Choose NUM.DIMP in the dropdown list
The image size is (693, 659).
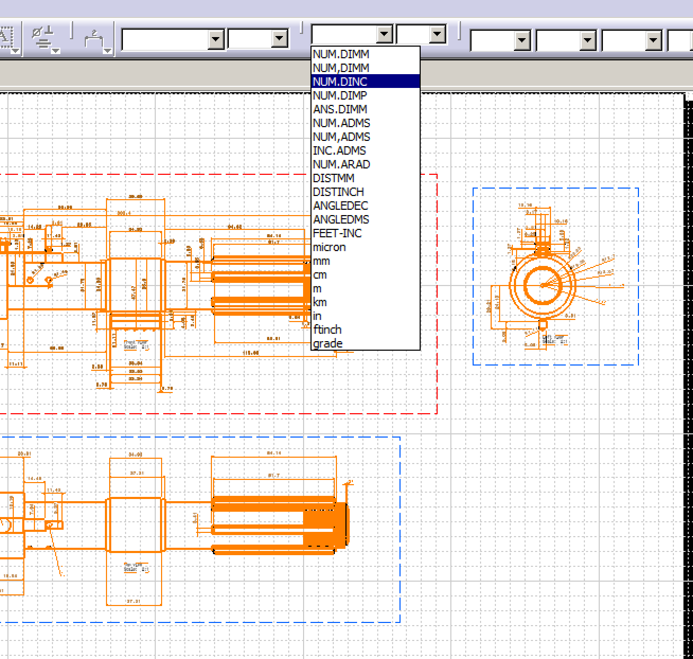click(x=340, y=95)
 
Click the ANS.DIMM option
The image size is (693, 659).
click(x=340, y=109)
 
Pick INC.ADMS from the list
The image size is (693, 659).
click(x=339, y=150)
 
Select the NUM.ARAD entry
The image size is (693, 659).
click(x=341, y=164)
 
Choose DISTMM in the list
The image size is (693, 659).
click(x=333, y=178)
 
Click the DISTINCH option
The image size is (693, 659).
click(x=338, y=192)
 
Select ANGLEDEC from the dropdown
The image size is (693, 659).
click(x=340, y=206)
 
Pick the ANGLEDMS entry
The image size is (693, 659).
click(x=341, y=219)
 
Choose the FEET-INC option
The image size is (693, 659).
click(x=337, y=233)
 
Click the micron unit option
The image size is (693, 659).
click(x=329, y=247)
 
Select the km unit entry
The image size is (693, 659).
click(x=319, y=302)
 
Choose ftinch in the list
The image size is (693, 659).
click(x=327, y=329)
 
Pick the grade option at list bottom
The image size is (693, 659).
click(x=327, y=343)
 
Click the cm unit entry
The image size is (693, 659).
click(x=319, y=274)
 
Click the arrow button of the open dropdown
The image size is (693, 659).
click(x=384, y=34)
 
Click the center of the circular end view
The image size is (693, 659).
click(x=543, y=285)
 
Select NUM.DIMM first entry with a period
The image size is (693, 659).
click(x=341, y=54)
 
